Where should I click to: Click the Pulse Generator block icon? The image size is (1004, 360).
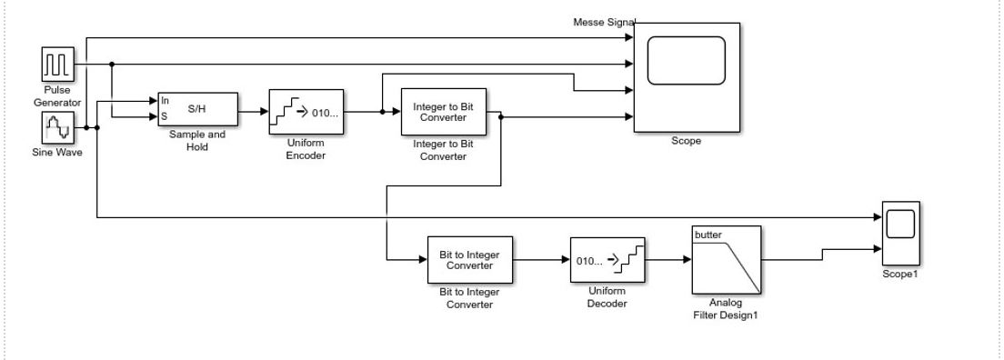[x=57, y=65]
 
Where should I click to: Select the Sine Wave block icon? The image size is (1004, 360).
[x=57, y=127]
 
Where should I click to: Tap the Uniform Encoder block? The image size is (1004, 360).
[x=306, y=112]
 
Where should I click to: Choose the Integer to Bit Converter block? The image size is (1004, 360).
[x=443, y=112]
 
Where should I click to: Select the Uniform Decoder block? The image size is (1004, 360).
[x=607, y=260]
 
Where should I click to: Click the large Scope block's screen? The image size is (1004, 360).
[x=687, y=69]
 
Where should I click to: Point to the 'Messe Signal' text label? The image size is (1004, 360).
[x=604, y=21]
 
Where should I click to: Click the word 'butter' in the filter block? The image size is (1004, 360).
[x=708, y=235]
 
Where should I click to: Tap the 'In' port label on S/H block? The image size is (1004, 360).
[x=165, y=101]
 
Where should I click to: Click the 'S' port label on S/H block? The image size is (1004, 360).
[x=164, y=115]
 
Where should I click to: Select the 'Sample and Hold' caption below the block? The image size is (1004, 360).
[x=197, y=140]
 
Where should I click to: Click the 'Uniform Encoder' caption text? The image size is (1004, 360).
[x=306, y=149]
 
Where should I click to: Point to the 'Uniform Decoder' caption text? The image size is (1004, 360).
[x=607, y=297]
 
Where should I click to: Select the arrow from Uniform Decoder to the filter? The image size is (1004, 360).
[x=667, y=260]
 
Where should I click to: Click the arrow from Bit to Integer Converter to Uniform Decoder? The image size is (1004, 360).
[x=540, y=260]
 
